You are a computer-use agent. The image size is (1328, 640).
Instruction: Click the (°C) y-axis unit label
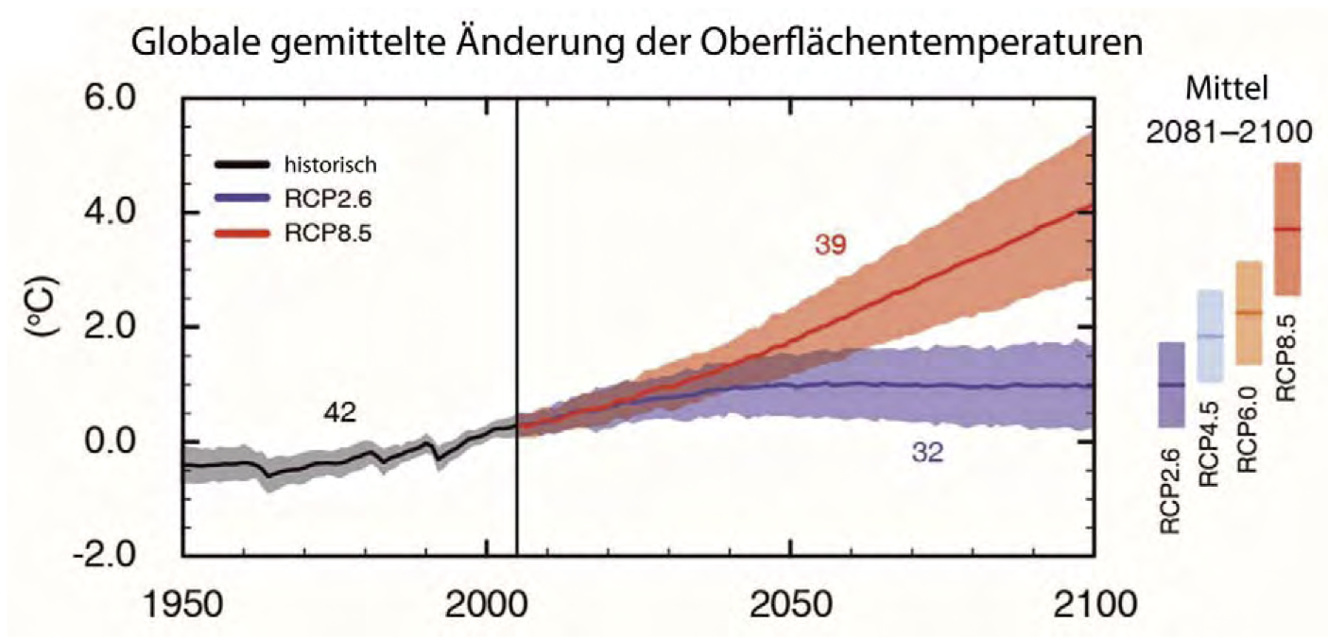coord(42,325)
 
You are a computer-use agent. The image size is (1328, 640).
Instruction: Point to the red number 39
coord(831,246)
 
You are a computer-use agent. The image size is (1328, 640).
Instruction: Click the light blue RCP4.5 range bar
coord(1211,337)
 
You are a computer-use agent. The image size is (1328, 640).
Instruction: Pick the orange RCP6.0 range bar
coord(1249,313)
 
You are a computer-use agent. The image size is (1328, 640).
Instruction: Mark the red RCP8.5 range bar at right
coord(1287,229)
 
